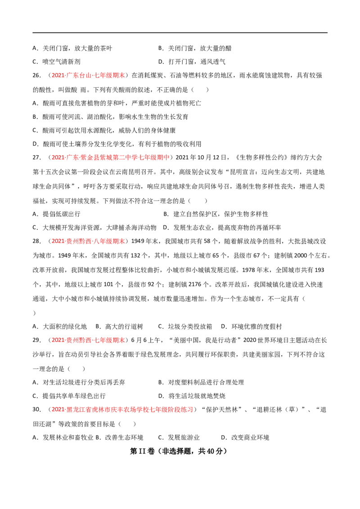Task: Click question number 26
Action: click(36, 76)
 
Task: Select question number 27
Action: click(36, 158)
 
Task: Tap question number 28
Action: click(36, 241)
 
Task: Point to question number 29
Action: click(36, 340)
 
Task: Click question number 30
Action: click(36, 410)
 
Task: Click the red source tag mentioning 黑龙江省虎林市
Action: click(122, 410)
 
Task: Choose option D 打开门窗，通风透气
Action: click(192, 62)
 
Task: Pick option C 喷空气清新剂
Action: click(56, 62)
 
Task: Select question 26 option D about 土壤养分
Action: click(117, 144)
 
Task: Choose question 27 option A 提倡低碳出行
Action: click(56, 214)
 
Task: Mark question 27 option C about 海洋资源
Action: click(94, 228)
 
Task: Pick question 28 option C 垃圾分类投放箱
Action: click(185, 326)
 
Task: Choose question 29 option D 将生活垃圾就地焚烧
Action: click(192, 396)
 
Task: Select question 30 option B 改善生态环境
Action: click(120, 438)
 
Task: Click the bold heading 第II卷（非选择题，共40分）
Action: click(178, 451)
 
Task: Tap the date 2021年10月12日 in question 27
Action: click(201, 158)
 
